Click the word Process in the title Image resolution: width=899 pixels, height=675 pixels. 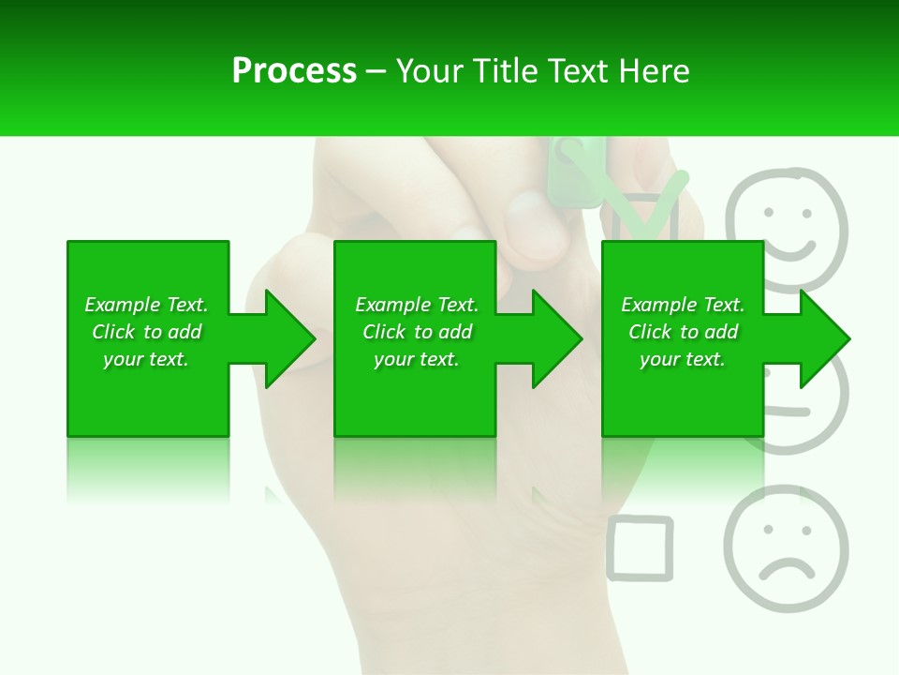click(x=294, y=71)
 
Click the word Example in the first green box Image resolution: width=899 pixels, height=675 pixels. click(x=121, y=305)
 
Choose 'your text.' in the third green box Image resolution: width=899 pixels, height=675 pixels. click(x=683, y=359)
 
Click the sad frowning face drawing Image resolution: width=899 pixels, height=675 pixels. click(x=785, y=548)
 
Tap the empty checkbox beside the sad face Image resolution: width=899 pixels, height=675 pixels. click(x=640, y=547)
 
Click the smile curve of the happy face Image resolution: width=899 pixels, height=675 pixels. click(x=791, y=249)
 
